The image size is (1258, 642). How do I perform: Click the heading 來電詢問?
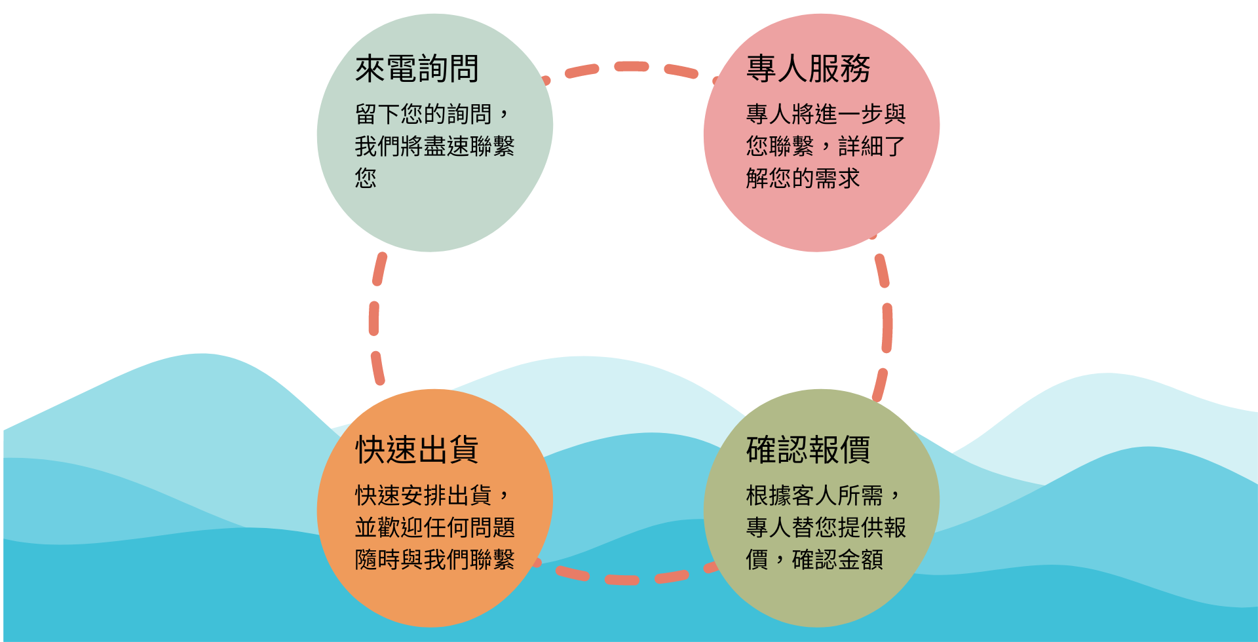click(417, 69)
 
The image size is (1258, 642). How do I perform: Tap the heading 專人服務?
click(808, 69)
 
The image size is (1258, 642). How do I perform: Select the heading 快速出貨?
click(417, 450)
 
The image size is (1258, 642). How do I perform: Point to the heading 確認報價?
click(808, 450)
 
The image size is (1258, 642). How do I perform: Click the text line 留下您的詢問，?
click(432, 114)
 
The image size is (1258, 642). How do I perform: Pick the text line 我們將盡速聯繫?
click(434, 146)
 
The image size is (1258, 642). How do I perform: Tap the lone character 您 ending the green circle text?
click(366, 178)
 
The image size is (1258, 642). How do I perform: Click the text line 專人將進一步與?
click(826, 114)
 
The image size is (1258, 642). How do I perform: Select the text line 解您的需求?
click(803, 178)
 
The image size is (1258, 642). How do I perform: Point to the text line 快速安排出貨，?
click(432, 495)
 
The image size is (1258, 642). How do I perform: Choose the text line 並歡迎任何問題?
click(434, 527)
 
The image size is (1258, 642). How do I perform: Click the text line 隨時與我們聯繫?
click(434, 559)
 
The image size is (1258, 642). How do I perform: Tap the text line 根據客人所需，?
click(824, 495)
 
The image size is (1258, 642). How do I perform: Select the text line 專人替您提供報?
click(826, 527)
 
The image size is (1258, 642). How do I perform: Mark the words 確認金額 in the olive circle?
click(837, 559)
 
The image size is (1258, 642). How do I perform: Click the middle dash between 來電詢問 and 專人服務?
click(631, 66)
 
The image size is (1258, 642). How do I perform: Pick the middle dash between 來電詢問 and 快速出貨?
click(373, 318)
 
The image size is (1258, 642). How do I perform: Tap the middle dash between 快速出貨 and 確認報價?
click(622, 580)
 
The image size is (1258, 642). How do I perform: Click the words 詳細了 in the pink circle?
click(871, 146)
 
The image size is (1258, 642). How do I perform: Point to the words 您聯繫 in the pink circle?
click(780, 146)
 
